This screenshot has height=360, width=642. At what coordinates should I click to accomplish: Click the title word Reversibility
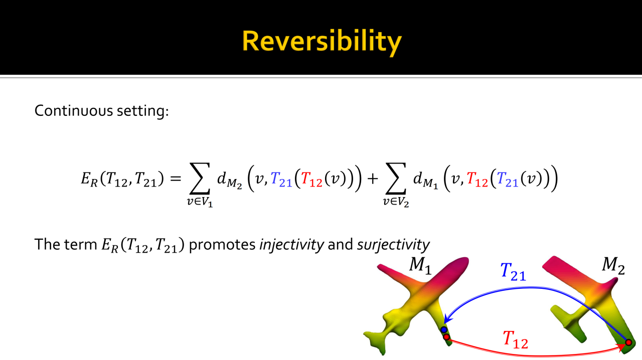322,42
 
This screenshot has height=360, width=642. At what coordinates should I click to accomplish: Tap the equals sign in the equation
176,178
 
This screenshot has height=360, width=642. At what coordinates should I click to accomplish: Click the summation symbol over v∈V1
200,178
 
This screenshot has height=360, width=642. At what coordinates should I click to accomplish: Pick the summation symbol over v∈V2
396,178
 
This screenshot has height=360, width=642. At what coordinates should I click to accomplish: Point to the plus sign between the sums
373,178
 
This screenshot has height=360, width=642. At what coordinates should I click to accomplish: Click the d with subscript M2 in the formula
229,180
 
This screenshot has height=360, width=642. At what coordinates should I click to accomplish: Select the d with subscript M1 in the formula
426,180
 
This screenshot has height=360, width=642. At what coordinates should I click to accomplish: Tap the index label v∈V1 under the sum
200,202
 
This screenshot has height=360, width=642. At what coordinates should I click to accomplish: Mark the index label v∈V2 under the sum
396,202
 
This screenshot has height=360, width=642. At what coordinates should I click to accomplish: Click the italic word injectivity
291,245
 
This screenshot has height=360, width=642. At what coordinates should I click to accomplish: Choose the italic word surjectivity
393,245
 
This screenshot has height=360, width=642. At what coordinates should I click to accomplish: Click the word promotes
222,245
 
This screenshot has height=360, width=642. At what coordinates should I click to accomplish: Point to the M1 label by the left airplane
420,265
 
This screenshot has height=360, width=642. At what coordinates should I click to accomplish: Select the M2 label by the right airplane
613,265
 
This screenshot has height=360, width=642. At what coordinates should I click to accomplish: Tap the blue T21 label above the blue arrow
513,271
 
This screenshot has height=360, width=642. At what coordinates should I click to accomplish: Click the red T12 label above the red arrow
515,340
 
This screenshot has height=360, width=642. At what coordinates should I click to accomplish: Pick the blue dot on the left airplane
444,329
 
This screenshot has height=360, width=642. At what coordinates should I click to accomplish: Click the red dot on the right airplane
628,342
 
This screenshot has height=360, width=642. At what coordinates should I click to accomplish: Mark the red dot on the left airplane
446,337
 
